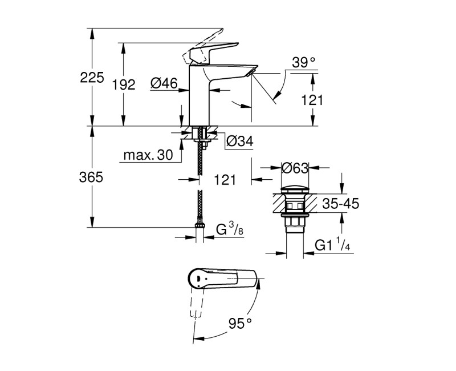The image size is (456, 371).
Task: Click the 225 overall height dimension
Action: pos(92,78)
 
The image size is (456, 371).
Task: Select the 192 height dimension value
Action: pos(124,85)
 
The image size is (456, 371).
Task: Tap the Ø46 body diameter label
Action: pos(163,84)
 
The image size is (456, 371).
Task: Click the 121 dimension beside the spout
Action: pos(312,100)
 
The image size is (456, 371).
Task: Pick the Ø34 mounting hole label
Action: pos(239,141)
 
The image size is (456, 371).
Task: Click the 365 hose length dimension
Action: pos(92,178)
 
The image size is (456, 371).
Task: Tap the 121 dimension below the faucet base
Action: pos(225,180)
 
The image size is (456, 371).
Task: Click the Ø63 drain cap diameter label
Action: pos(295,168)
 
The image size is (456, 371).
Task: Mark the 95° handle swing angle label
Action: pos(240,324)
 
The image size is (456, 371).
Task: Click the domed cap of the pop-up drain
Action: pos(295,188)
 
